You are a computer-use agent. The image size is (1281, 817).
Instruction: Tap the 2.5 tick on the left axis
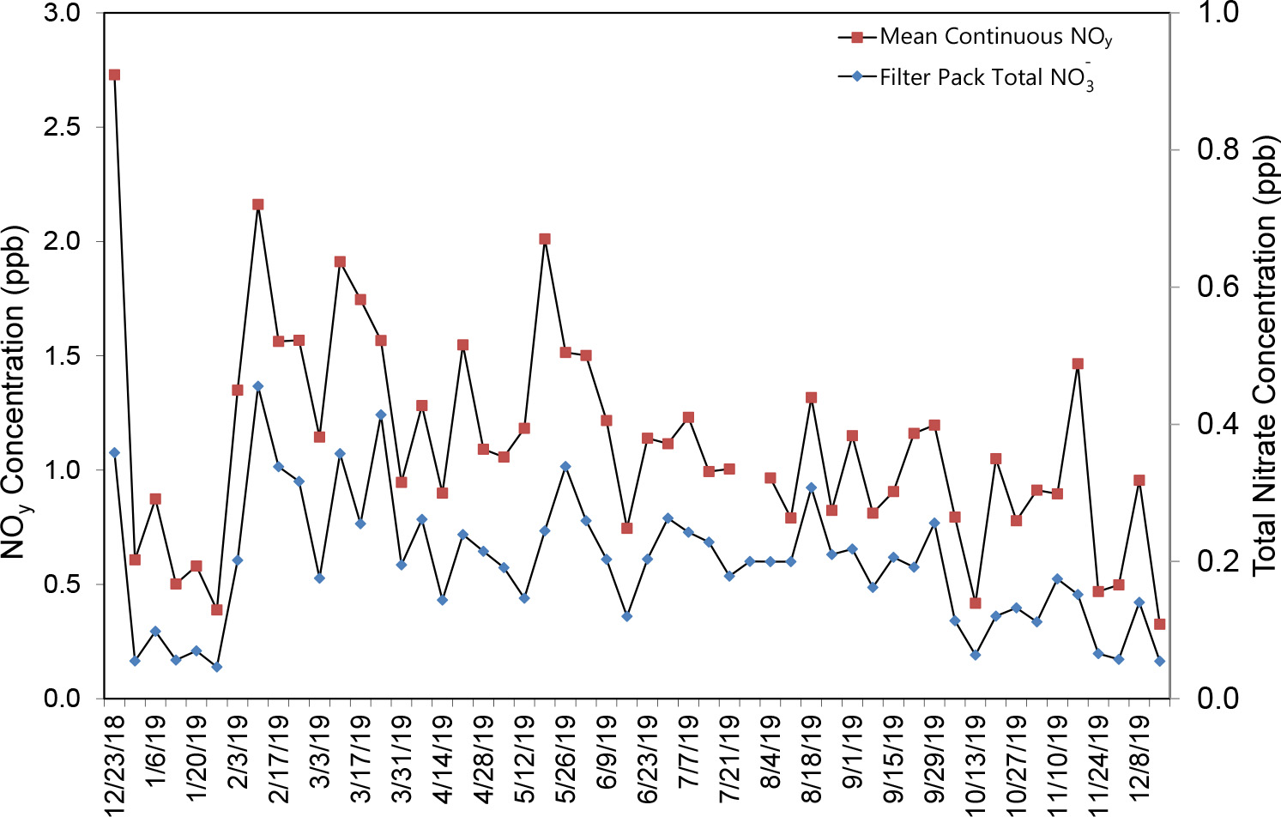(61, 127)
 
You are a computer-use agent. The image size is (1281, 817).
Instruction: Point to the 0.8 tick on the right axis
(1218, 149)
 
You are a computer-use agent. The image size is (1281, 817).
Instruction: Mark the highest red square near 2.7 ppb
(114, 75)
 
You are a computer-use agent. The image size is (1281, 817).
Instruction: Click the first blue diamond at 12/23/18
(114, 452)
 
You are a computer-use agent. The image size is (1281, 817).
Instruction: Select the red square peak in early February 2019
(257, 204)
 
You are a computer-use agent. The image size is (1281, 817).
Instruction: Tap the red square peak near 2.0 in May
(545, 239)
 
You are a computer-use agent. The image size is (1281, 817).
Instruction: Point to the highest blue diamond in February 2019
(257, 386)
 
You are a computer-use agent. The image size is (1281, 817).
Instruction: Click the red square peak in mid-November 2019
(1078, 364)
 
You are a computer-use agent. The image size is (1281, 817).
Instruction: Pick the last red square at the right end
(1160, 624)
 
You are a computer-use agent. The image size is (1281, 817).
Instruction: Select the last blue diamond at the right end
(1160, 661)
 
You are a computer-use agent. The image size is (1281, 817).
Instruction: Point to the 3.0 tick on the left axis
(61, 13)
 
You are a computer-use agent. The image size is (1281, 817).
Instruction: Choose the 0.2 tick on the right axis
(1218, 561)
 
